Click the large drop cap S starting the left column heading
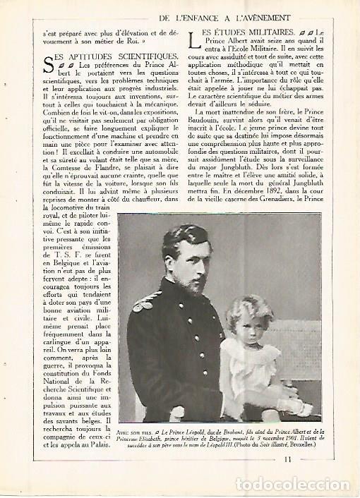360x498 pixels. pos(48,66)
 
